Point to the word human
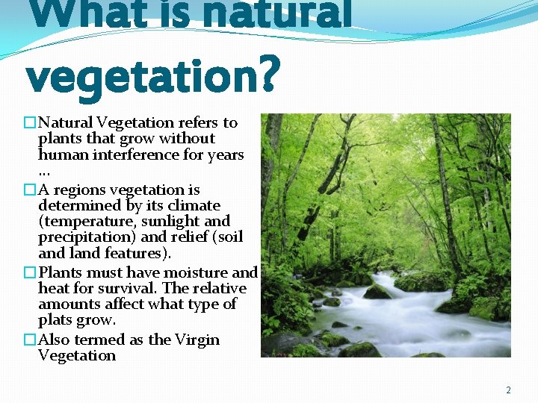pos(63,154)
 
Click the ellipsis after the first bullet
pos(44,172)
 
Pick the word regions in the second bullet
pos(79,190)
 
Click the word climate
pos(195,205)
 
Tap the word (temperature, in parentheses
pos(82,222)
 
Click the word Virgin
pos(197,340)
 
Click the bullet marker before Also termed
pos(30,340)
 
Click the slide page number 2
pos(508,390)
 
